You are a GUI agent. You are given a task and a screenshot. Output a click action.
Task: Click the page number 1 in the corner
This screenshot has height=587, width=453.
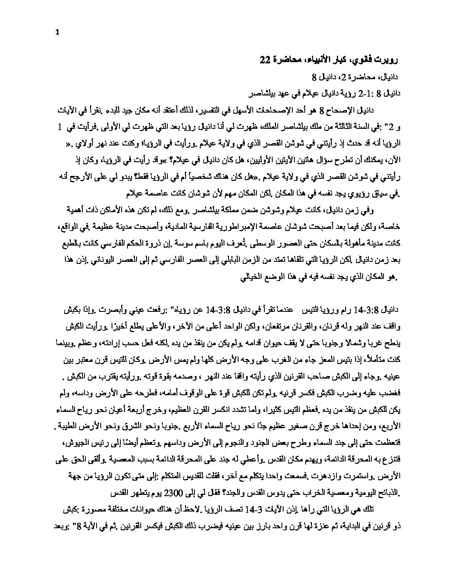57,34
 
